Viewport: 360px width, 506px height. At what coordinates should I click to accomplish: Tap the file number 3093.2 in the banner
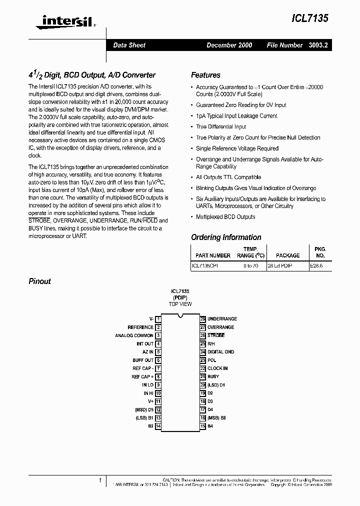(x=317, y=45)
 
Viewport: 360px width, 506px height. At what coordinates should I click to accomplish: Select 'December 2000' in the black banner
(x=229, y=45)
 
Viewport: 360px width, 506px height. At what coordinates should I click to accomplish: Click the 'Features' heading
(x=205, y=75)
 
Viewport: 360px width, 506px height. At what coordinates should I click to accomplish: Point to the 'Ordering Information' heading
(x=226, y=237)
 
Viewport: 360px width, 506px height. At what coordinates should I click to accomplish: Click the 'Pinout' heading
(x=39, y=281)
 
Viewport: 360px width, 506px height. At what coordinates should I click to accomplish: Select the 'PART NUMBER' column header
(x=213, y=255)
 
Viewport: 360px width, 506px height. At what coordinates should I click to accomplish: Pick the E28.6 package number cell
(x=316, y=266)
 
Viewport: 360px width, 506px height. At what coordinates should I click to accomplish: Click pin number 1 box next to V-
(x=158, y=319)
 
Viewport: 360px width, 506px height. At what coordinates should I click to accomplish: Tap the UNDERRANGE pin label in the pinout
(x=222, y=319)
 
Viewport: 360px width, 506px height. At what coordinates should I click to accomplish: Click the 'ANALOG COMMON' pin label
(x=134, y=335)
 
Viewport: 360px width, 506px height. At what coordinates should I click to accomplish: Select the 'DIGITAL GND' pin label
(x=220, y=352)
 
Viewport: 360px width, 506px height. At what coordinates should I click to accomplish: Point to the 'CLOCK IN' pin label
(x=217, y=368)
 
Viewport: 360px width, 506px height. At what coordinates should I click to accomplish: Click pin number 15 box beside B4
(x=203, y=426)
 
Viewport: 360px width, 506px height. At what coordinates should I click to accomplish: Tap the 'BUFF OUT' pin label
(x=143, y=360)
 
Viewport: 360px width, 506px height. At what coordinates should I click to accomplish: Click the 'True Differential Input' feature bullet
(x=221, y=126)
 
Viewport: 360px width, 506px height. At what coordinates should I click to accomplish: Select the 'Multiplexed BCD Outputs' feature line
(x=225, y=217)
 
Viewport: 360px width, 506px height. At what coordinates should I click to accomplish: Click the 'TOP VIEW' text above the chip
(x=180, y=304)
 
